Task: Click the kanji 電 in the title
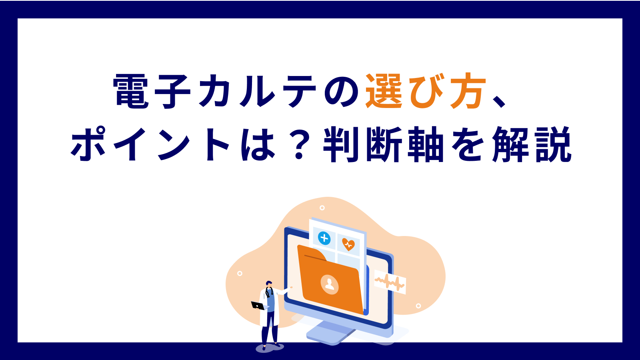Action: coord(131,92)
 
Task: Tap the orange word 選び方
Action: coord(426,91)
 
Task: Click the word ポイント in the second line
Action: coord(150,144)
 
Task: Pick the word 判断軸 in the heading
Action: coord(383,144)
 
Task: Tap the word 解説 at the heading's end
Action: coord(532,144)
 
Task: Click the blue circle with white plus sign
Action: coord(324,238)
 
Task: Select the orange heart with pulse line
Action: coord(348,244)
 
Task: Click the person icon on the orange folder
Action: coord(330,284)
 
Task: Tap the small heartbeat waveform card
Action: coord(390,282)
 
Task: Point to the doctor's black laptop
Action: coord(258,306)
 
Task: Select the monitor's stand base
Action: coord(332,334)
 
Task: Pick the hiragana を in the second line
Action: coord(468,144)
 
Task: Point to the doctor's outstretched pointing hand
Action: coord(290,288)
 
